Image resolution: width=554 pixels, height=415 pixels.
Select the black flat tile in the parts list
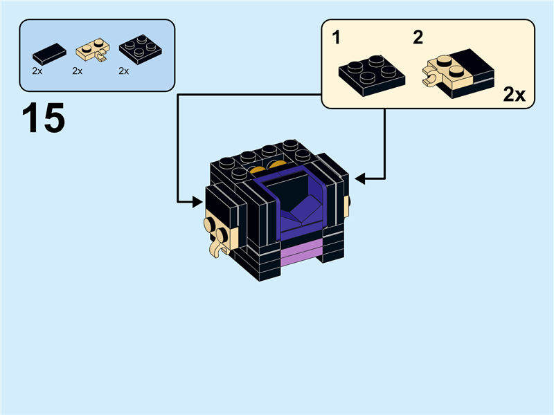(48, 53)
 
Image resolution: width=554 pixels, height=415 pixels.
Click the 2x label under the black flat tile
(37, 71)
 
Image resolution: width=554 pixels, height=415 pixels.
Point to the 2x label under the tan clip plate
(77, 71)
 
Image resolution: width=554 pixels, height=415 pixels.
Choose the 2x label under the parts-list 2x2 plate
(124, 71)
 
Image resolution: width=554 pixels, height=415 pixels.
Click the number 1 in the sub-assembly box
(337, 38)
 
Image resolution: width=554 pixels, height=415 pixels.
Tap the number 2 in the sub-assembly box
(418, 38)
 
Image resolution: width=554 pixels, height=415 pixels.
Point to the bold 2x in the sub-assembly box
(514, 95)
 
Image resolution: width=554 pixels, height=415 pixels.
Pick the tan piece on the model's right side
(347, 202)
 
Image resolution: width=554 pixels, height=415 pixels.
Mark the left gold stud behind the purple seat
(257, 170)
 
